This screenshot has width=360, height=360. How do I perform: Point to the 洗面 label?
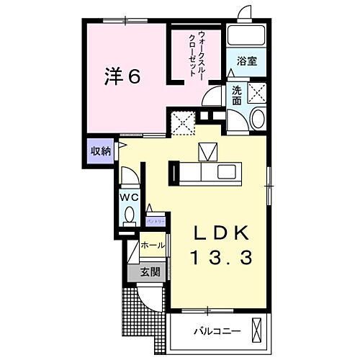(237, 96)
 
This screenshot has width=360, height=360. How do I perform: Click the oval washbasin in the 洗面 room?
(258, 120)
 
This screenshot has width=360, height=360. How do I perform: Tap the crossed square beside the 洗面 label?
(257, 92)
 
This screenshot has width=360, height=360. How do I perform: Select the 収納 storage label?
(100, 151)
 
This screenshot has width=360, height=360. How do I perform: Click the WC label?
(130, 195)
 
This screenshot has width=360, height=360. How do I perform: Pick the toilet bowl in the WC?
(130, 214)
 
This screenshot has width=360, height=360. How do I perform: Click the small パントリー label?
(156, 221)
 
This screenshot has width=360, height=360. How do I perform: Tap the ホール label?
(152, 246)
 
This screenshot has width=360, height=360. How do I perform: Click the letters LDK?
(222, 233)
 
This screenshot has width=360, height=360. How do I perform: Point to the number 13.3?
(222, 258)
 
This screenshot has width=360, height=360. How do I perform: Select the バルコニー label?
(215, 333)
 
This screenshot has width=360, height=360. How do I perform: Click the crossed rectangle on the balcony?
(256, 331)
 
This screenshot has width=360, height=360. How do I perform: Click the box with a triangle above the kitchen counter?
(207, 152)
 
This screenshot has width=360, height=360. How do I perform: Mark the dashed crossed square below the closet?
(184, 123)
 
